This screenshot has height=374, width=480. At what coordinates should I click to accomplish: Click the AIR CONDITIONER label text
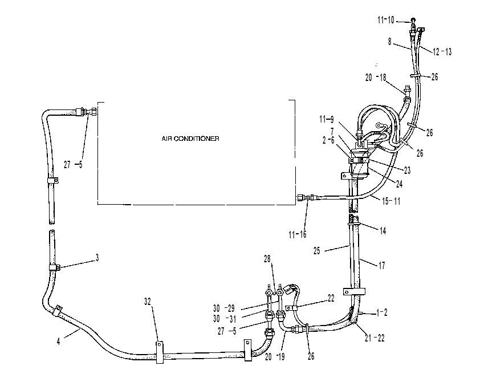point(190,139)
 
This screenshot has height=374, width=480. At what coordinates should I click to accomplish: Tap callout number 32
point(148,302)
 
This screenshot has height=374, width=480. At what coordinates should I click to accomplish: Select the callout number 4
point(59,342)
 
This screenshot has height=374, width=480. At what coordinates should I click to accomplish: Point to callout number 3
point(97,258)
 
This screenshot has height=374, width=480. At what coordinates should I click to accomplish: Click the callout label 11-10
point(386,20)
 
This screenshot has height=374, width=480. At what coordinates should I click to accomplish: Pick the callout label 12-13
point(442,52)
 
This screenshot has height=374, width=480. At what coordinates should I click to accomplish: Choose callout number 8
point(390,42)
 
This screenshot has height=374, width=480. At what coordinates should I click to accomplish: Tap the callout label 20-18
point(376,78)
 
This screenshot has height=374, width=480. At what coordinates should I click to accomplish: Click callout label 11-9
point(326,119)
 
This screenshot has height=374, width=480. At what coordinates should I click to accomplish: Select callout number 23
point(407,170)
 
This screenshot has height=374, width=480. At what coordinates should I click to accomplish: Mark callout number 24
point(399,184)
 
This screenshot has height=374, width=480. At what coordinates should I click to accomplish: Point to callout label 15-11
point(391,201)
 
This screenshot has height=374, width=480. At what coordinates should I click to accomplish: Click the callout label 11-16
point(297,234)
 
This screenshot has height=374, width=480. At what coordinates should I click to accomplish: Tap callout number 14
point(383,231)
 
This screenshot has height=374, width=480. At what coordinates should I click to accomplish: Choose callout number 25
point(317,251)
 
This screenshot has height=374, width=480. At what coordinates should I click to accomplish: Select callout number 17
point(382,265)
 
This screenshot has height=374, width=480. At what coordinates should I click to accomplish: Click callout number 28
point(267,259)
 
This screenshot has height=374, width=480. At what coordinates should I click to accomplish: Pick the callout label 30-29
point(224,308)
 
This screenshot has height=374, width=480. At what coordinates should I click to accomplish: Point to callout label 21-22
point(375,338)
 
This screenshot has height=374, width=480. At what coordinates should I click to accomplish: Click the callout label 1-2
point(382,312)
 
